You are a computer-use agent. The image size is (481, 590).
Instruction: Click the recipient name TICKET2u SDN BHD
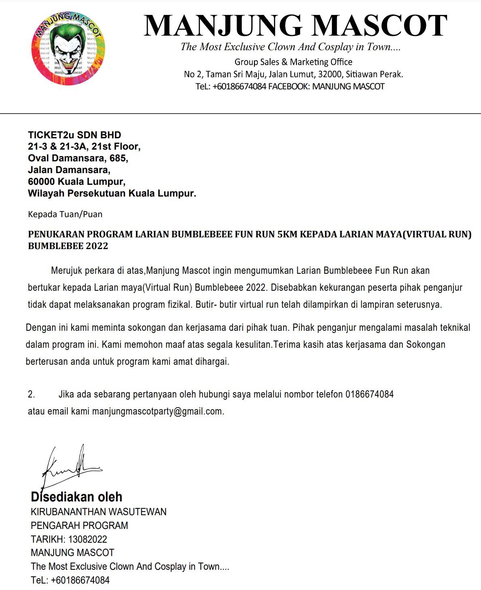click(74, 135)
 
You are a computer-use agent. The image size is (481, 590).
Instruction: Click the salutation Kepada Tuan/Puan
click(65, 214)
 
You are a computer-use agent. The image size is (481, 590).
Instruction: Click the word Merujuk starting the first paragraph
click(66, 270)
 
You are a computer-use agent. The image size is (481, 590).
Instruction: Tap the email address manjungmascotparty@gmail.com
click(157, 412)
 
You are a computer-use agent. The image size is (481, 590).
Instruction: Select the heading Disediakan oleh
click(76, 497)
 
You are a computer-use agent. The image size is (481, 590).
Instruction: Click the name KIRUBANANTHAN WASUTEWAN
click(99, 512)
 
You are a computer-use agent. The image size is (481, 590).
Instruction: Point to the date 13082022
click(88, 539)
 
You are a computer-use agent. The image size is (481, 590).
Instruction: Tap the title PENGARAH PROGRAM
click(79, 526)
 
